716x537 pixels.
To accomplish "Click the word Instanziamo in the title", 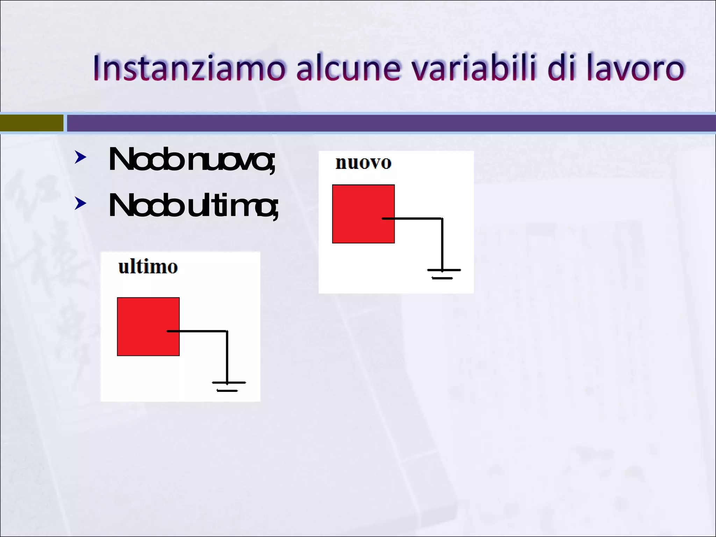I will [189, 68].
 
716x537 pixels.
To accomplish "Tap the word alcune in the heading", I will [348, 68].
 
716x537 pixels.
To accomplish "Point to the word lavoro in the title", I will [635, 68].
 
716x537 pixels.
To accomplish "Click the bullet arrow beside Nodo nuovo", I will [80, 157].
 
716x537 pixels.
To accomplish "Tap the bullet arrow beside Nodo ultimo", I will [80, 203].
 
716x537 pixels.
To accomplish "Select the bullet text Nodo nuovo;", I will [192, 160].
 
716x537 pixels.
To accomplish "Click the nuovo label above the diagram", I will [363, 163].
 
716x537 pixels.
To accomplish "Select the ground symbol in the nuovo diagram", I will [443, 274].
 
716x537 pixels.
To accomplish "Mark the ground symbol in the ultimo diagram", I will [228, 386].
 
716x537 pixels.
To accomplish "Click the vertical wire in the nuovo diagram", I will [442, 245].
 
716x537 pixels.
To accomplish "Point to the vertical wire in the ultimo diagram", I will [227, 357].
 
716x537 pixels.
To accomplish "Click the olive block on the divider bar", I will [31, 123].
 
